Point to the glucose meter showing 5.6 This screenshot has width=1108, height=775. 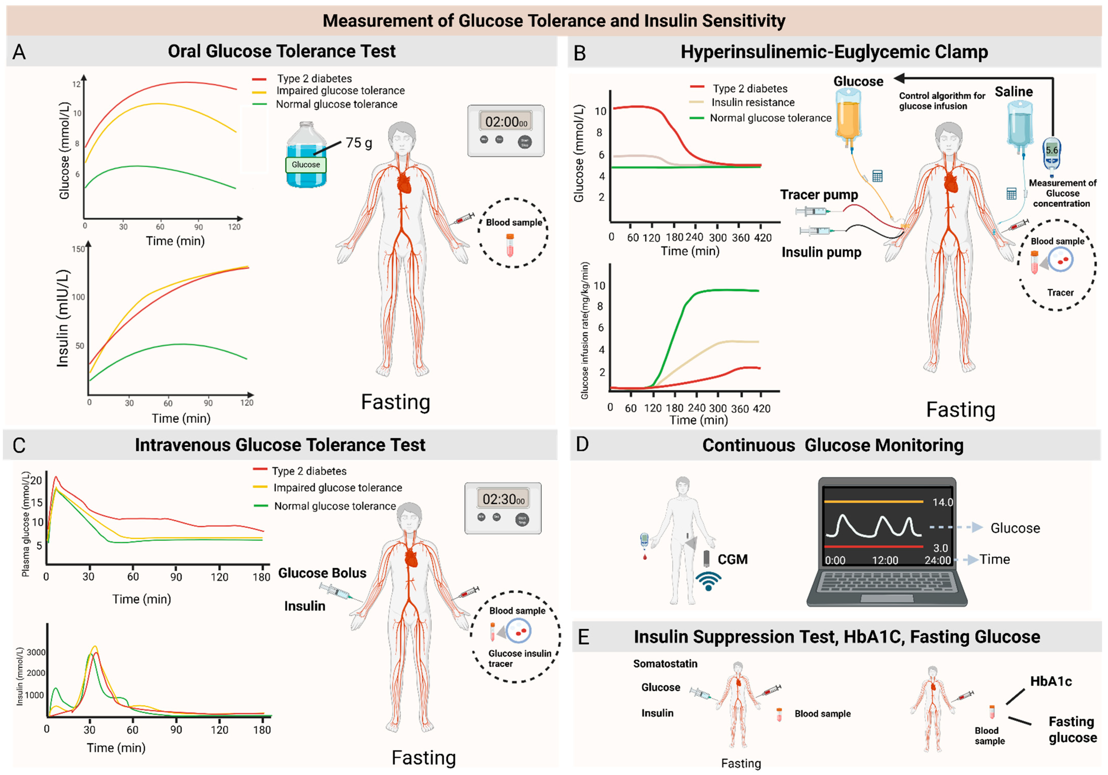point(1052,154)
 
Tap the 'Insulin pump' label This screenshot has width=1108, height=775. point(821,252)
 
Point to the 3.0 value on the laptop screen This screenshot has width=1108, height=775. point(941,548)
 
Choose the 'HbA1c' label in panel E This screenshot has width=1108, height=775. point(1051,681)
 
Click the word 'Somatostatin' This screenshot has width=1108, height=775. point(665,664)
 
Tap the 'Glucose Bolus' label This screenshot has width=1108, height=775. point(322,573)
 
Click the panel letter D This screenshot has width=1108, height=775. point(583,444)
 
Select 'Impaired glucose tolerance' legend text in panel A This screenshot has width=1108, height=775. point(340,91)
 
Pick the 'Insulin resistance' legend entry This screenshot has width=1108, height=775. point(753,102)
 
